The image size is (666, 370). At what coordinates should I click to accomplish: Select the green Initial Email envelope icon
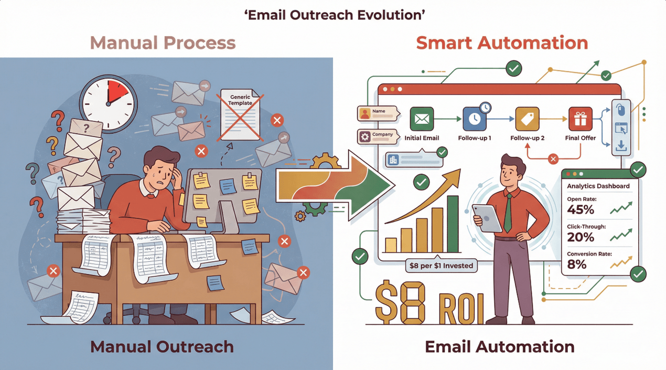pos(422,119)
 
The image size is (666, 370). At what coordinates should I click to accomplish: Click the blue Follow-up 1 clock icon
pos(474,119)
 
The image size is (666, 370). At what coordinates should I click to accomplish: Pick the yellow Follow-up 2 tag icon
pos(527,119)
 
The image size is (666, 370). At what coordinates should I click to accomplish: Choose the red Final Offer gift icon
pos(581,119)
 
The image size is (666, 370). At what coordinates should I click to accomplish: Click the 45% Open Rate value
pos(581,210)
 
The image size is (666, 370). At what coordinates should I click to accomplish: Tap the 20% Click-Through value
pos(581,237)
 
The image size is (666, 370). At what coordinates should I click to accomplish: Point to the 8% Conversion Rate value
pos(577,265)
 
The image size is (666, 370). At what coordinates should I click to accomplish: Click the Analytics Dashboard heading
pos(598,186)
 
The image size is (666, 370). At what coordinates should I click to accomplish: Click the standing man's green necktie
pos(508,213)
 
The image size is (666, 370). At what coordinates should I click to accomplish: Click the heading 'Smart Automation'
pos(502,43)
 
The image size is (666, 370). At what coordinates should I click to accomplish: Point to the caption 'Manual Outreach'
pos(162,346)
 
